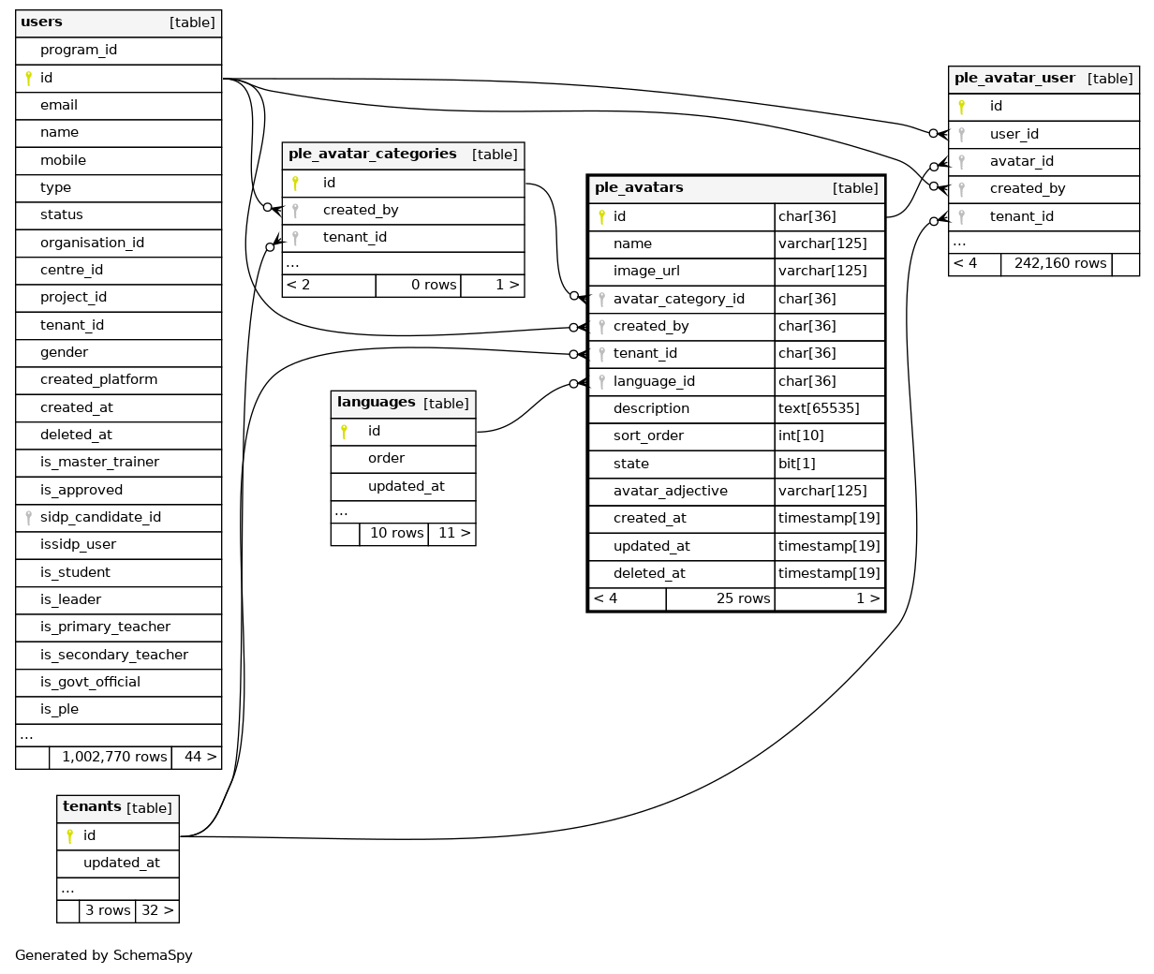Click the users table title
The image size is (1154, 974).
point(42,22)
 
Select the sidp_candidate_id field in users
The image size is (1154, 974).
point(100,517)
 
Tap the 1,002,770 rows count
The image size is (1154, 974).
point(114,757)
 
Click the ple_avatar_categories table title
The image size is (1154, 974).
point(372,155)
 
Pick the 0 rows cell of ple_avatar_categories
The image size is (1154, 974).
point(434,285)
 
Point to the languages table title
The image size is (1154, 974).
point(376,403)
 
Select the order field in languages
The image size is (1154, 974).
point(386,458)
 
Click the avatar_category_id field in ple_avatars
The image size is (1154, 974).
point(678,299)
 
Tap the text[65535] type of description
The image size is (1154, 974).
point(819,408)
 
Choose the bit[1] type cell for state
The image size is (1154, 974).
point(797,464)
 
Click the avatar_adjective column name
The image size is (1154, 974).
point(670,491)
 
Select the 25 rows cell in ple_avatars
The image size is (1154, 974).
point(743,598)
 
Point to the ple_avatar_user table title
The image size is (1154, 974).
point(1014,79)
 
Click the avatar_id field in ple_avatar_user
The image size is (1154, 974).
point(1021,161)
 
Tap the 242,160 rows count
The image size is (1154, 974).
point(1059,263)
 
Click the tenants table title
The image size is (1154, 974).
point(92,807)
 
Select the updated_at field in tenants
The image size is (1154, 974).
point(121,863)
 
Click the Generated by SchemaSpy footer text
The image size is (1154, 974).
point(104,955)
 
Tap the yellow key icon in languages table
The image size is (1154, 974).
point(345,431)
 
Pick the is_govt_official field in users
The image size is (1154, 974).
point(90,682)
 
